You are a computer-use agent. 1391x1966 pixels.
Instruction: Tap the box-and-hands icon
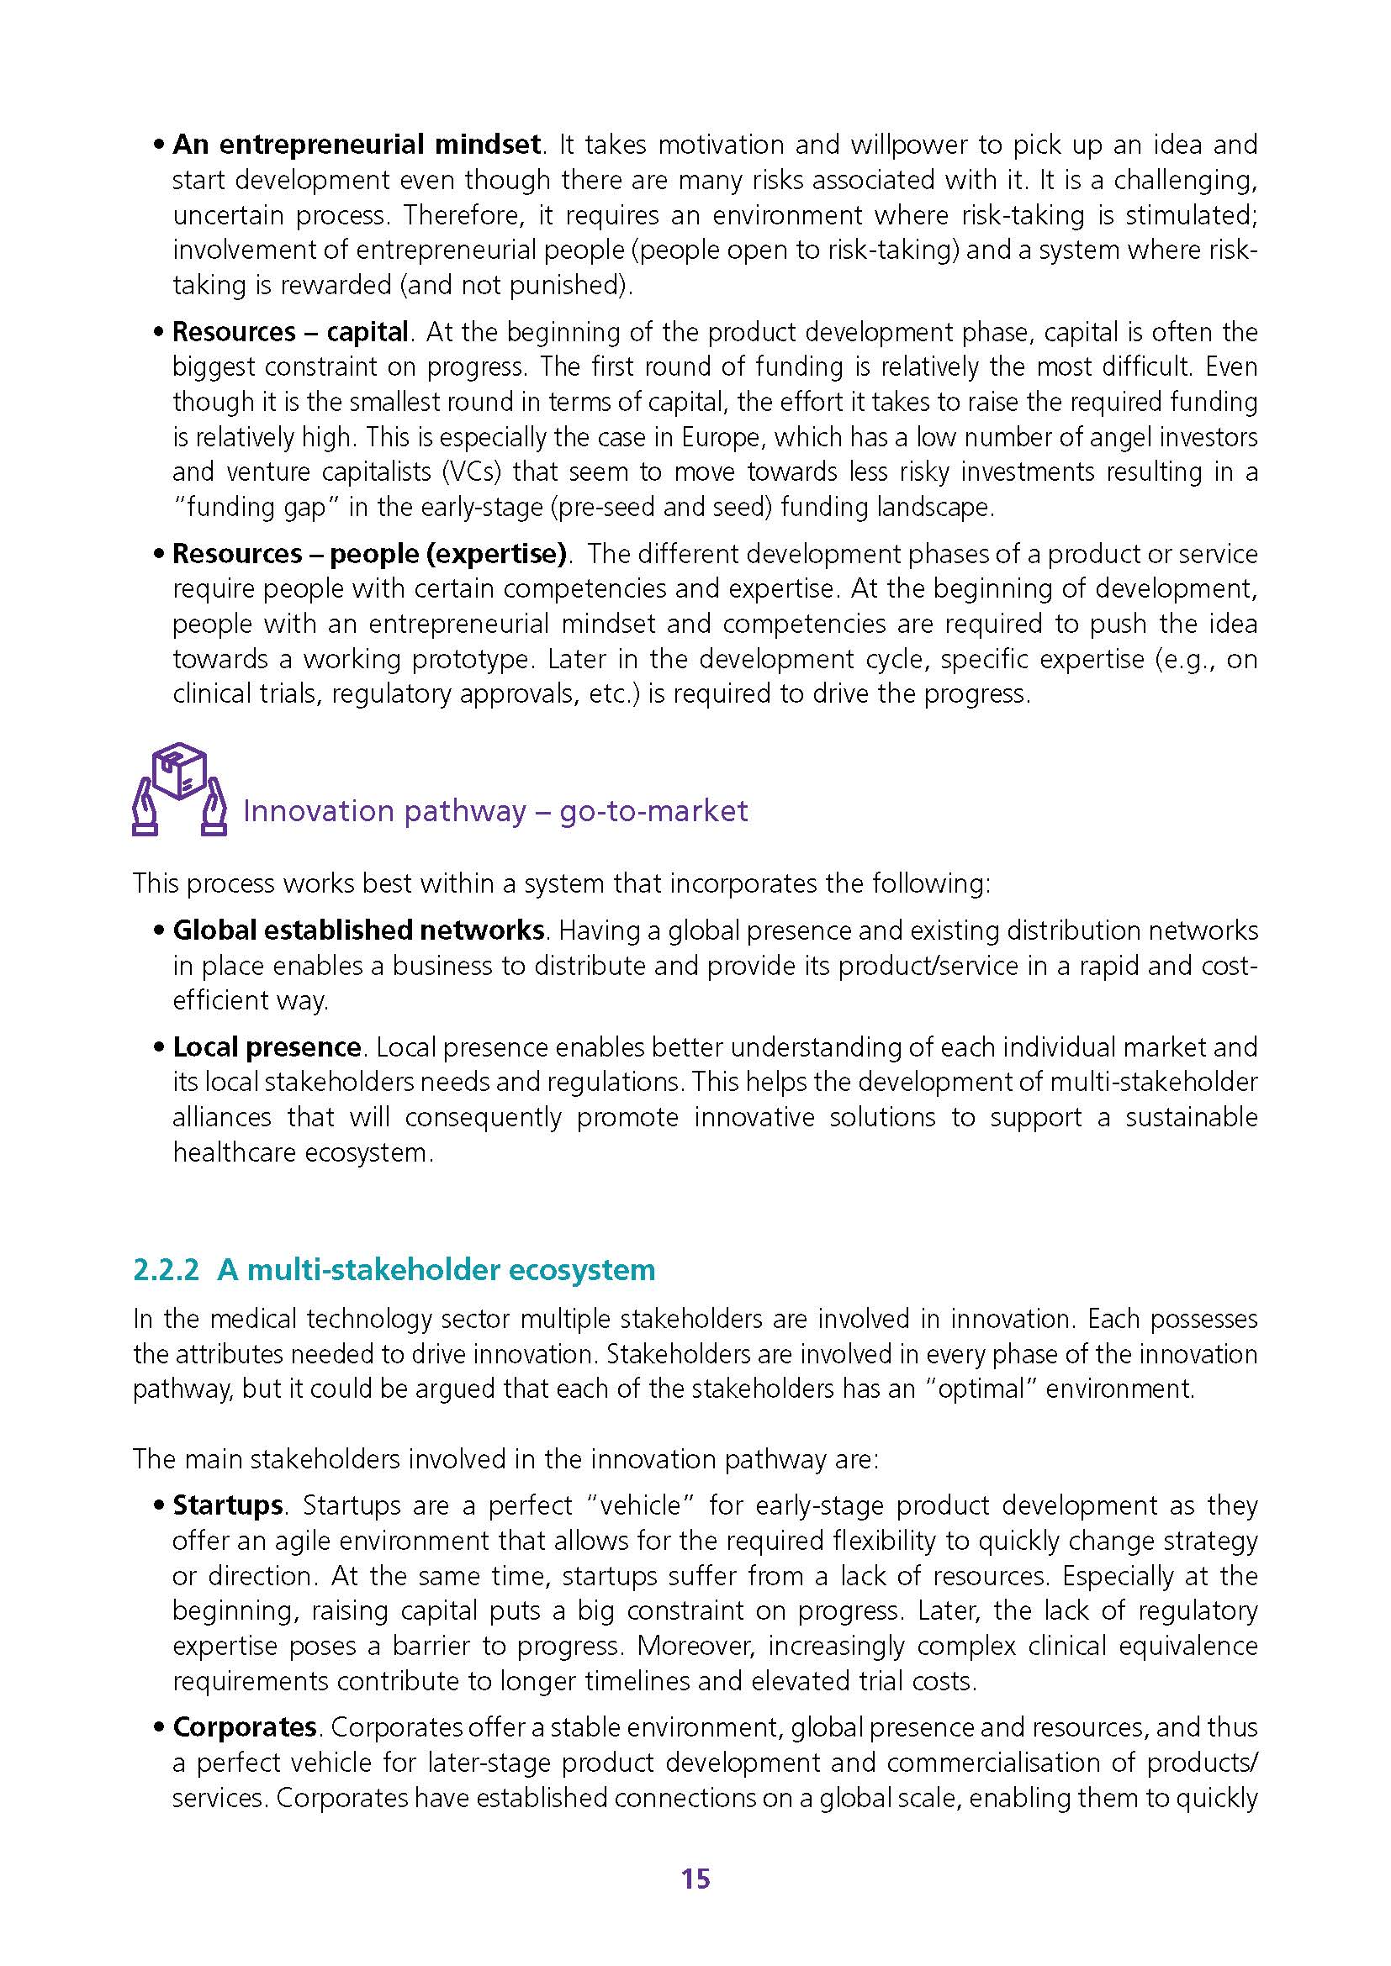pos(179,789)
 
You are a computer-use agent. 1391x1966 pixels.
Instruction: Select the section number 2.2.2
pos(167,1269)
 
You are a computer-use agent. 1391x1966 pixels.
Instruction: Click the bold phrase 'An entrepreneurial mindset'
pos(357,144)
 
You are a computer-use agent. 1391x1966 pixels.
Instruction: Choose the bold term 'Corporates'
pos(245,1726)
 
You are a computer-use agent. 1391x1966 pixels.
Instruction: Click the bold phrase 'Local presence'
pos(267,1046)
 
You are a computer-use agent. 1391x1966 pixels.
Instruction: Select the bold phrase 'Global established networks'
pos(359,930)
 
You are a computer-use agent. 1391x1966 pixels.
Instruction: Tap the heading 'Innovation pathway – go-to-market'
pos(495,811)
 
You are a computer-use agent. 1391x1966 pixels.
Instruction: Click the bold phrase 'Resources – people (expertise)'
pos(369,554)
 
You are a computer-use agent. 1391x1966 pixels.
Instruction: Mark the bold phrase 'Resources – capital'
pos(290,331)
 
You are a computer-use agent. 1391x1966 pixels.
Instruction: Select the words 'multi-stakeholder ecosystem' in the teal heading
pos(452,1269)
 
